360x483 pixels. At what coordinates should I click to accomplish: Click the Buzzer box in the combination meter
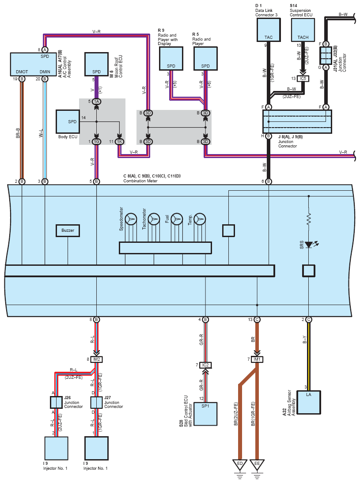point(68,230)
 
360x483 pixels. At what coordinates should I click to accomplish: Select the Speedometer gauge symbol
point(131,219)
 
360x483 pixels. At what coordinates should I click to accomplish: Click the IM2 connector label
point(96,359)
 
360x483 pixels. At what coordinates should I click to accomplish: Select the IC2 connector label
point(205,365)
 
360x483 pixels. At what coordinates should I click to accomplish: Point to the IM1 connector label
point(257,359)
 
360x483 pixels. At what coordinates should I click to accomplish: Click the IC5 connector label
point(303,79)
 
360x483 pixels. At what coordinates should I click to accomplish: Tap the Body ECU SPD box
point(68,122)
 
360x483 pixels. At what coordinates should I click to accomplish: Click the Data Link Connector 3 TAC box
point(269,30)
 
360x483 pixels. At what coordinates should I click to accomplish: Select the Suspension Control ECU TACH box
point(303,30)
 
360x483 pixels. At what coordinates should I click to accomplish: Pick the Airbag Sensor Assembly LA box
point(308,402)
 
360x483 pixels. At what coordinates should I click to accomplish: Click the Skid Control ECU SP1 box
point(205,414)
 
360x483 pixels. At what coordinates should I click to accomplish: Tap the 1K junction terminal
point(119,142)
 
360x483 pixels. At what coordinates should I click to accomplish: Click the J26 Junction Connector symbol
point(57,402)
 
